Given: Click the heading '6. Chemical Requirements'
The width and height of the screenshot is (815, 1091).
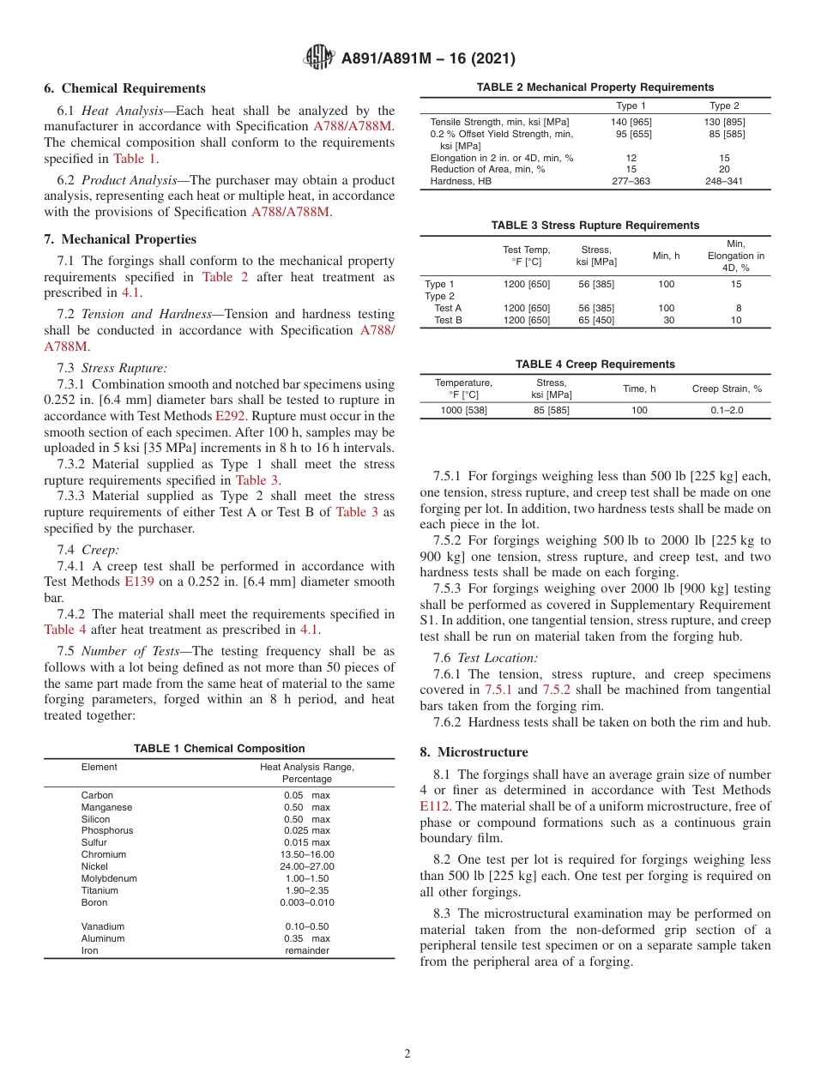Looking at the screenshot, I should (x=125, y=88).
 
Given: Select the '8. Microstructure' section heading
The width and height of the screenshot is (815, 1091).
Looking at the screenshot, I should (x=474, y=752).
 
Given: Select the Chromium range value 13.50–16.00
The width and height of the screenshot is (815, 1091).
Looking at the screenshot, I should (x=306, y=854).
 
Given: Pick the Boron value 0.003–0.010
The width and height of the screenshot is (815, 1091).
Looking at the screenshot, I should (x=306, y=902).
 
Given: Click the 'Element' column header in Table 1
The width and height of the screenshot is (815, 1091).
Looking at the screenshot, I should (x=99, y=767).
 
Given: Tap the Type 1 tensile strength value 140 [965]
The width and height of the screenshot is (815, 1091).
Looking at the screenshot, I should (x=631, y=122).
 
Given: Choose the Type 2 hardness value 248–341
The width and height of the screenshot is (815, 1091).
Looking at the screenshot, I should (x=724, y=181).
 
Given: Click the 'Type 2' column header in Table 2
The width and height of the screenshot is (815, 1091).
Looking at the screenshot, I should (x=724, y=105).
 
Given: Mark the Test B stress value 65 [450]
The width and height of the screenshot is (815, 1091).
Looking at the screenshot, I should (x=596, y=320).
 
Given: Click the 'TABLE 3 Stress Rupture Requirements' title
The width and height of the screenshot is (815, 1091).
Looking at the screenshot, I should (x=595, y=226).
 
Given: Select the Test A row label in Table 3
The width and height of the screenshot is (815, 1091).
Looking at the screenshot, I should (x=448, y=308).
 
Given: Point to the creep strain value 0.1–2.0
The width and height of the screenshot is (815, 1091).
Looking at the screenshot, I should (x=727, y=411).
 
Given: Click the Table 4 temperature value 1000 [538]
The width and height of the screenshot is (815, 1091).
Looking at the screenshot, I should (x=463, y=411).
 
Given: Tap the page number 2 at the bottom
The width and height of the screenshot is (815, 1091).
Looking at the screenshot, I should (x=407, y=1054).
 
